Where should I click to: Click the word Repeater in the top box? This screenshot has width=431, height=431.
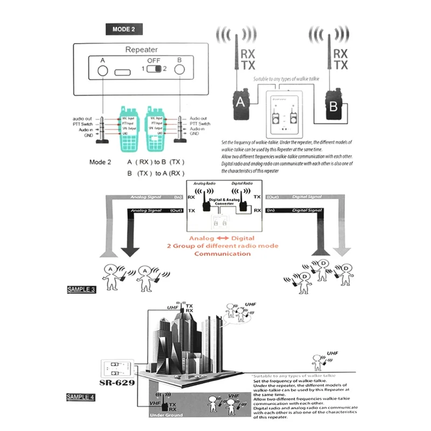click(142, 50)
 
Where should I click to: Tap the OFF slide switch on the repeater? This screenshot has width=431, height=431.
click(155, 69)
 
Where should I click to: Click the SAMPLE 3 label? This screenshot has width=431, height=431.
click(81, 289)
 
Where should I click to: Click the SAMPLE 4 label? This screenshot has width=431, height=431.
click(81, 397)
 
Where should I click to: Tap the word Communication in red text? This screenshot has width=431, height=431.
click(223, 254)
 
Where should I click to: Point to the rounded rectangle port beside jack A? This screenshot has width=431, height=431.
click(123, 71)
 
